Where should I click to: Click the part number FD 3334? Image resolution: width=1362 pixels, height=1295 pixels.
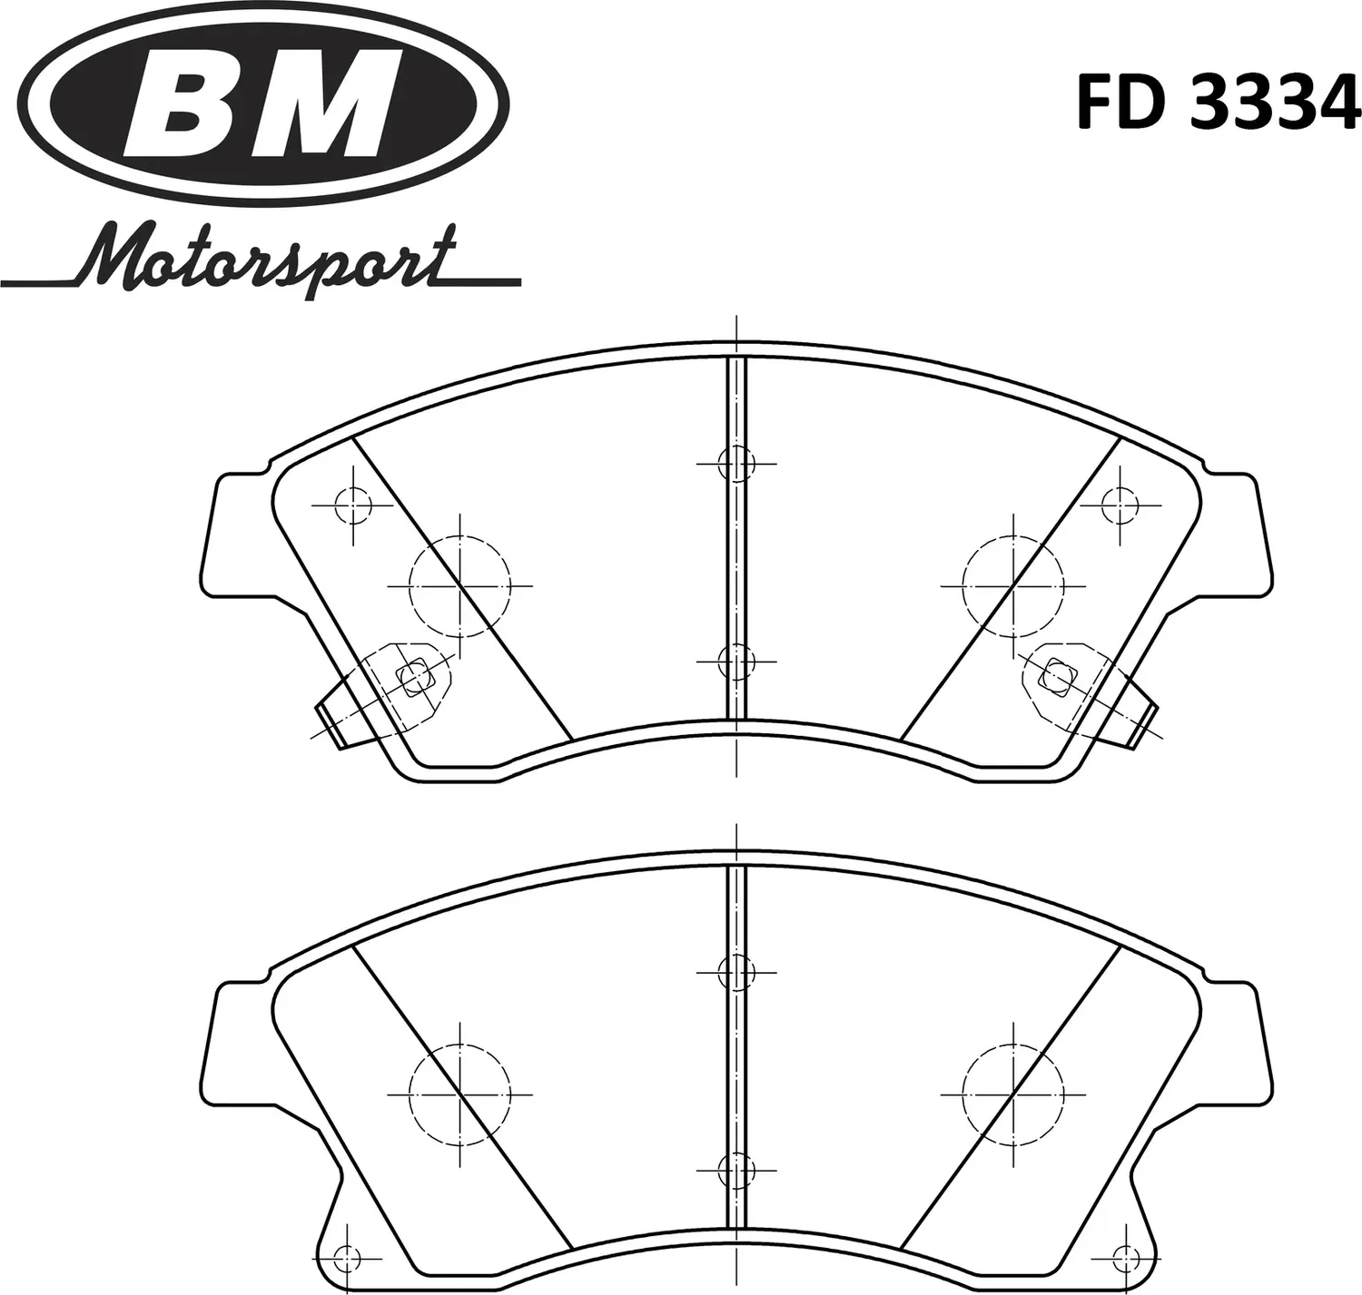[x=1219, y=103]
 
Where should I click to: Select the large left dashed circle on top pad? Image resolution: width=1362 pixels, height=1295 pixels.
[x=460, y=586]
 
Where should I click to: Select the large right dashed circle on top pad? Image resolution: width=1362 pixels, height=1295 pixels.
[x=1013, y=586]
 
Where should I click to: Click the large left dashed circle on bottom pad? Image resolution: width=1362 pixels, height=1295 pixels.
[x=460, y=1094]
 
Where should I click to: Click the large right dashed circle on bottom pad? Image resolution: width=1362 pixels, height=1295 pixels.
[x=1013, y=1094]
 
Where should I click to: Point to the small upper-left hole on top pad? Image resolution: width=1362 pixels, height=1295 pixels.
[x=352, y=505]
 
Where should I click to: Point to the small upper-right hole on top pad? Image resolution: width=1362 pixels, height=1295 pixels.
[x=1121, y=505]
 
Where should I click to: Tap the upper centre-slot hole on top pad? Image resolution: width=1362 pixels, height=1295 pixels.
[x=736, y=464]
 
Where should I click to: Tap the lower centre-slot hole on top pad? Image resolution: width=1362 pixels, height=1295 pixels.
[x=736, y=662]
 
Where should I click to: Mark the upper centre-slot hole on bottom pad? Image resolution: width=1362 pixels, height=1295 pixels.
[x=736, y=973]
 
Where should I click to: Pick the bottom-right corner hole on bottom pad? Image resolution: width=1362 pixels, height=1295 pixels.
[x=1127, y=1259]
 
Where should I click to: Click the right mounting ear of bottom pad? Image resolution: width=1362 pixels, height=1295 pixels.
[x=1237, y=1044]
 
